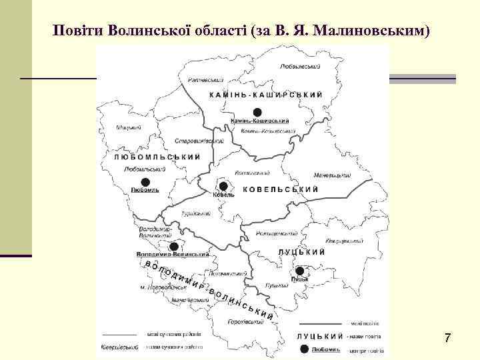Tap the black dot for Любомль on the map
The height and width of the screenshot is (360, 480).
coord(145,181)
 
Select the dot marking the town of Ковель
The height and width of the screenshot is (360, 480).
coord(224,186)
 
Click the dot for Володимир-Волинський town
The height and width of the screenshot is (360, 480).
coord(174,246)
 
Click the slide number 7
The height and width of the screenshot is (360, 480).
coord(447,338)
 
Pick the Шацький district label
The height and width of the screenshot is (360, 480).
coord(127,127)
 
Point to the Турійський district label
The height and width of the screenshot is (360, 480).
coord(195,214)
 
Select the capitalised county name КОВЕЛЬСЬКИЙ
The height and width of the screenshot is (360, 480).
coord(280,190)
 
